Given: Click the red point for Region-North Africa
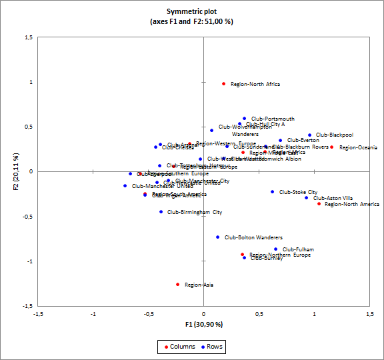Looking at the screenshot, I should click(223, 84).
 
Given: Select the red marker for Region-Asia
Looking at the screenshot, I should click(177, 285).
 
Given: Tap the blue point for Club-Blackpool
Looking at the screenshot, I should click(309, 135).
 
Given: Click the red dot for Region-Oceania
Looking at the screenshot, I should click(331, 147).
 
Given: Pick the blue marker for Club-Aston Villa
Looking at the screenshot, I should click(307, 198).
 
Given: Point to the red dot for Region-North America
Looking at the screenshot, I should click(319, 204).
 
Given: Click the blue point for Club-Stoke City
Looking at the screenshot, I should click(272, 192).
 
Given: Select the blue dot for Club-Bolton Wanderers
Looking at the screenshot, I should click(217, 237).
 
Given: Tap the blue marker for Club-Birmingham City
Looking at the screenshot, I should click(161, 212).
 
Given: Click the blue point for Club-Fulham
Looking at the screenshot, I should click(275, 249).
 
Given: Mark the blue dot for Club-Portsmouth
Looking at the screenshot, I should click(244, 119).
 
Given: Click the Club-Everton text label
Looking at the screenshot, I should click(303, 141).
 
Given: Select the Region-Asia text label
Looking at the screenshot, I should click(199, 285).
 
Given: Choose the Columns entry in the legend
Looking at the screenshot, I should click(179, 347).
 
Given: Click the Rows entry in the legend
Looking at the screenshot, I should click(214, 347).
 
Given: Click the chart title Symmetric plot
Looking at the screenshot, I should click(192, 11).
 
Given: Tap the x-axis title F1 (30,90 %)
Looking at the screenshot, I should click(203, 324).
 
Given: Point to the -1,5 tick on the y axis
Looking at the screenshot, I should click(27, 305).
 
